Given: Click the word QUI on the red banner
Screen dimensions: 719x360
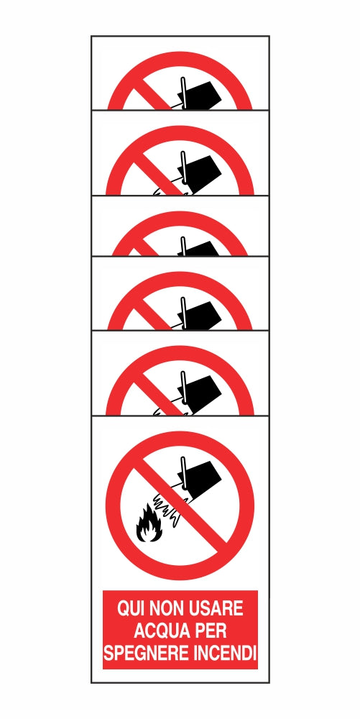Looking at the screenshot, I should (131, 610).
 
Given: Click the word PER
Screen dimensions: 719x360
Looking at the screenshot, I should (213, 632).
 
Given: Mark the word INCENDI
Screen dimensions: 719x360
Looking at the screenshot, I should (226, 654).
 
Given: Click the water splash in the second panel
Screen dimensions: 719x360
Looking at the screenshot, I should (162, 191).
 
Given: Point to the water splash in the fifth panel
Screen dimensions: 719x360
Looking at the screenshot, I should (162, 412).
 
